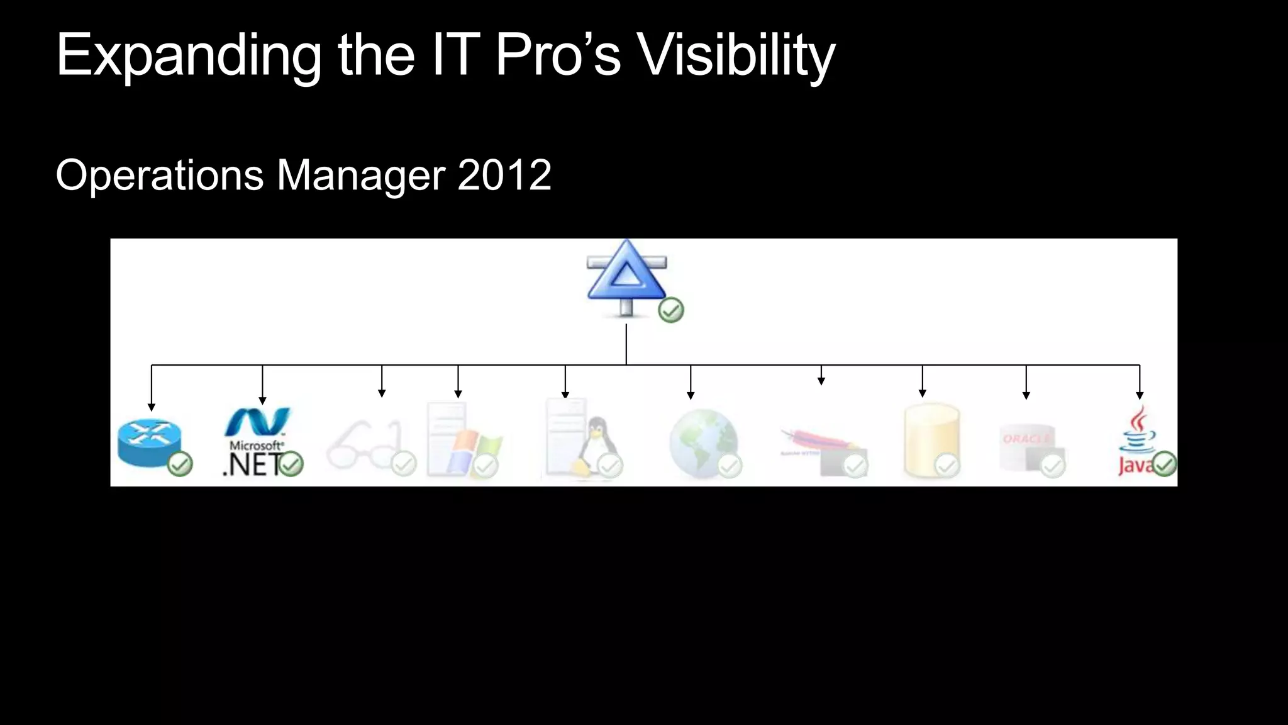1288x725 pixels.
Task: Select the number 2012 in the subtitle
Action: click(x=504, y=175)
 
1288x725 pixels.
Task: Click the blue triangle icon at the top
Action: click(x=626, y=278)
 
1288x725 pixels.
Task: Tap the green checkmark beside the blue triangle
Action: click(x=670, y=310)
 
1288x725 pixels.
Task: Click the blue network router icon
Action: click(x=149, y=442)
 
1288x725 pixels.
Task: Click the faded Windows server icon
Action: click(x=459, y=441)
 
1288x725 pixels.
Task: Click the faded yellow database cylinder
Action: click(x=931, y=441)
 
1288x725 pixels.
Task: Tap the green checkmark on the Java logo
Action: click(x=1164, y=464)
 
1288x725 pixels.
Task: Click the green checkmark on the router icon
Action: click(x=180, y=464)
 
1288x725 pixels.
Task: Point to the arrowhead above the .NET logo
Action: click(x=262, y=401)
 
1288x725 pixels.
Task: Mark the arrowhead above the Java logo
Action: click(x=1140, y=396)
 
